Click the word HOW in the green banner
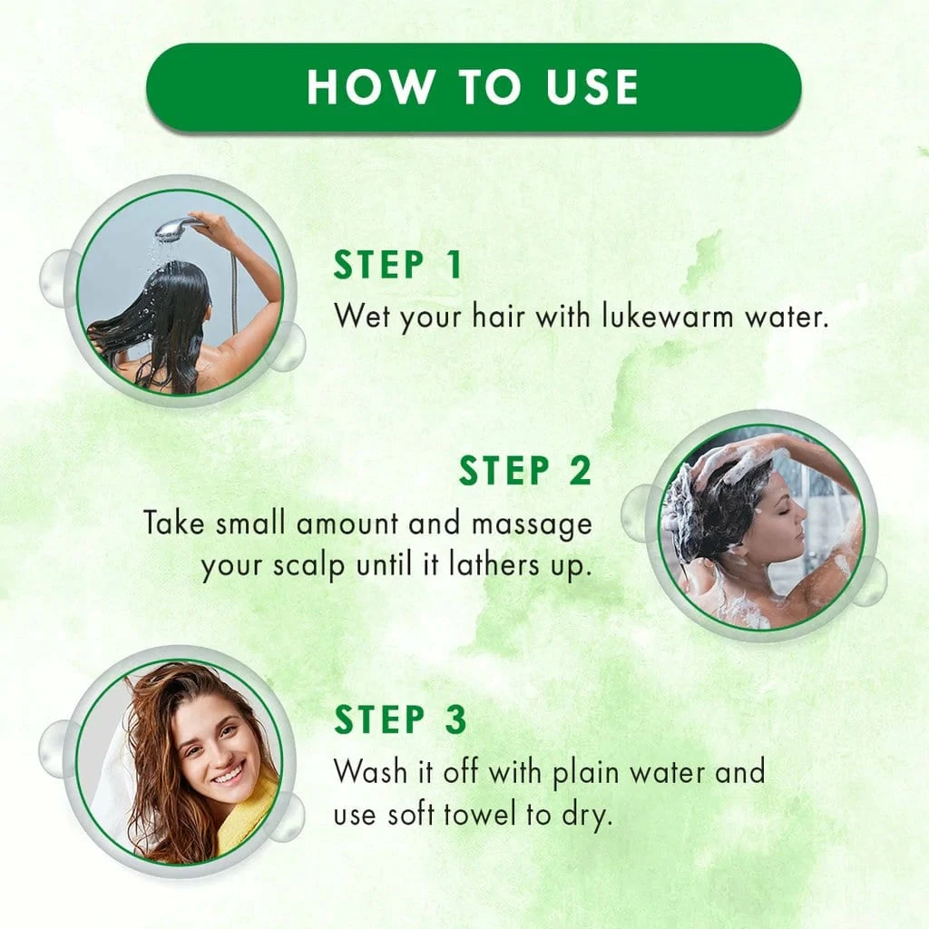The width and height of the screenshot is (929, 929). [x=370, y=87]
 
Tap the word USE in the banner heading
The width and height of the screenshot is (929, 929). [x=592, y=87]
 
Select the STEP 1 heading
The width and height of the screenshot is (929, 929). [x=397, y=264]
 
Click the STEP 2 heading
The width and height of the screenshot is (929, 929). [x=525, y=471]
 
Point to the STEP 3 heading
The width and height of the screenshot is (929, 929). [x=400, y=719]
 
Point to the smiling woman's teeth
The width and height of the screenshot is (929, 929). [x=229, y=774]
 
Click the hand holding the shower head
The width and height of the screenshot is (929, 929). [x=209, y=225]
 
